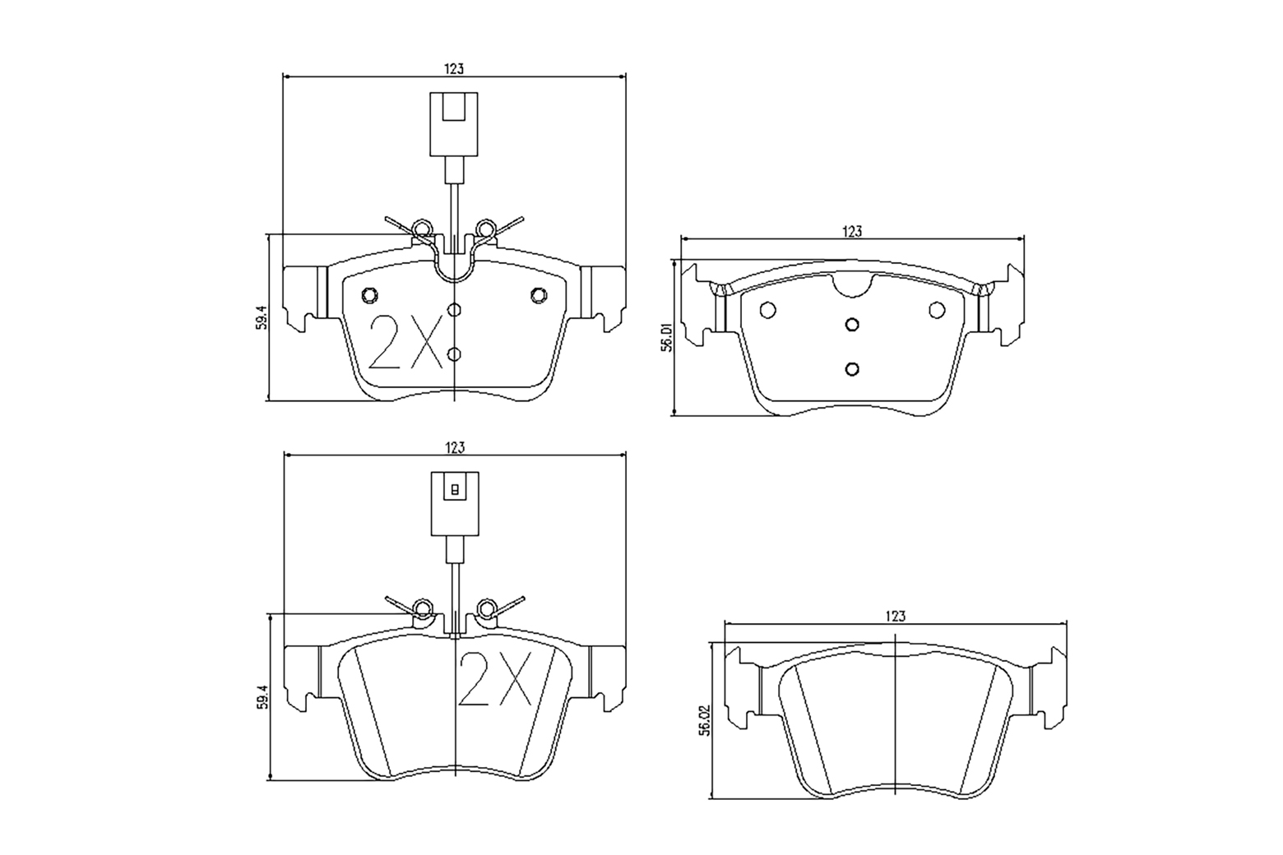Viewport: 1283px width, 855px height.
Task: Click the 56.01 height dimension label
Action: [x=667, y=338]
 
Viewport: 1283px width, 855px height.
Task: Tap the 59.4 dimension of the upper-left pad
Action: [x=262, y=318]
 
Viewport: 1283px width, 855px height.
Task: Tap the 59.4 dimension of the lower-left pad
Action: [x=262, y=697]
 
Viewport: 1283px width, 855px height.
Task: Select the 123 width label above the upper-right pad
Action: [x=852, y=232]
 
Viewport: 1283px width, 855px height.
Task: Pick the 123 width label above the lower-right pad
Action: [x=896, y=616]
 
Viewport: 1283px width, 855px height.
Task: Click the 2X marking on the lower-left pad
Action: [x=495, y=679]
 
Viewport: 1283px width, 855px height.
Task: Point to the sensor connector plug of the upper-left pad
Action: [x=454, y=123]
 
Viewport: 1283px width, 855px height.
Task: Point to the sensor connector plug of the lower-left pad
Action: [x=454, y=502]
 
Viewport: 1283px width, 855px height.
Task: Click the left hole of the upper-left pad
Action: [x=369, y=295]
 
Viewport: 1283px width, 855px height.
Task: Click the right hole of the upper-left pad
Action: [x=539, y=295]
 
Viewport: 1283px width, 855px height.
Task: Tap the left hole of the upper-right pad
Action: [x=768, y=310]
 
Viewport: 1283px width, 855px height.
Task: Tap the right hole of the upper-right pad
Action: [x=937, y=310]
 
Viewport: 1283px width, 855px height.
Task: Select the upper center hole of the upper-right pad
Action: [x=853, y=323]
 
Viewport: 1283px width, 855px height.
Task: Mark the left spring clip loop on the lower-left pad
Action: [x=423, y=608]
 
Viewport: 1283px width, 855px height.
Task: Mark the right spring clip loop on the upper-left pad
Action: [x=485, y=227]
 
